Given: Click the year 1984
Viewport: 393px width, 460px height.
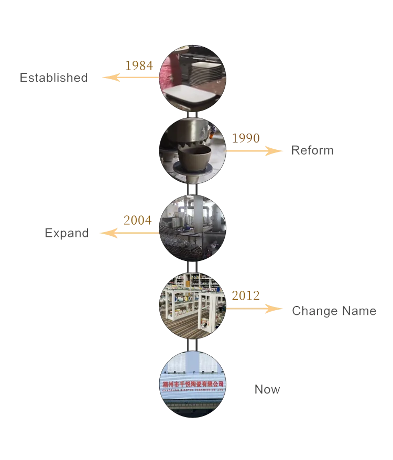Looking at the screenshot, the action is click(x=139, y=65).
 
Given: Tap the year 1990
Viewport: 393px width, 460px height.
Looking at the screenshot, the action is click(x=246, y=138).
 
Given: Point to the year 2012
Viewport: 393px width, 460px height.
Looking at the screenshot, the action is click(x=245, y=296).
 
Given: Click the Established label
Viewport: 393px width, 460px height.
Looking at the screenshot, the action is click(x=52, y=79).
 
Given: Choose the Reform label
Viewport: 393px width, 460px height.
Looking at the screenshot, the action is click(x=312, y=150).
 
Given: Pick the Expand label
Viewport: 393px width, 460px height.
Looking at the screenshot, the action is click(x=65, y=233).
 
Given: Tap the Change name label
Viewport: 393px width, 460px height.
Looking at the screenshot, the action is click(x=333, y=311).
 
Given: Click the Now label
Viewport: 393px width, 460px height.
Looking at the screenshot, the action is click(x=266, y=389).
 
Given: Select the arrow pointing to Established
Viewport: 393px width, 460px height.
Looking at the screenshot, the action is click(x=129, y=78).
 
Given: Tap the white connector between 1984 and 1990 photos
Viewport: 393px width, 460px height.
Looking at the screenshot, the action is click(x=192, y=115).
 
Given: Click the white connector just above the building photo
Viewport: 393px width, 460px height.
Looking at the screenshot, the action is click(x=192, y=345).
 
